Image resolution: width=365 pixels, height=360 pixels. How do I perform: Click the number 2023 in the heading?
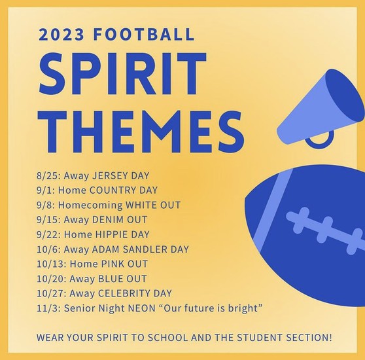[61, 35]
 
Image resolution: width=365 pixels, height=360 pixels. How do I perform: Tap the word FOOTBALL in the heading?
[144, 35]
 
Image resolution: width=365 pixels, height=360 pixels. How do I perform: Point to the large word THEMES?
[141, 132]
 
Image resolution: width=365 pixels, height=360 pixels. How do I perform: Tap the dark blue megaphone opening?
[344, 96]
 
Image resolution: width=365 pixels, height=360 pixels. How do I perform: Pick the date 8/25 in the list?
[48, 175]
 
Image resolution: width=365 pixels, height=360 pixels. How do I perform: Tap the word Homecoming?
[90, 206]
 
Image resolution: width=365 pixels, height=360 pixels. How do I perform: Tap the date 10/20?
[51, 279]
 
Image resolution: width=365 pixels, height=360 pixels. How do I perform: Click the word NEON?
[142, 308]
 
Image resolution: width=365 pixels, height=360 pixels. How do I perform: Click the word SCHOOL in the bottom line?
[167, 338]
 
